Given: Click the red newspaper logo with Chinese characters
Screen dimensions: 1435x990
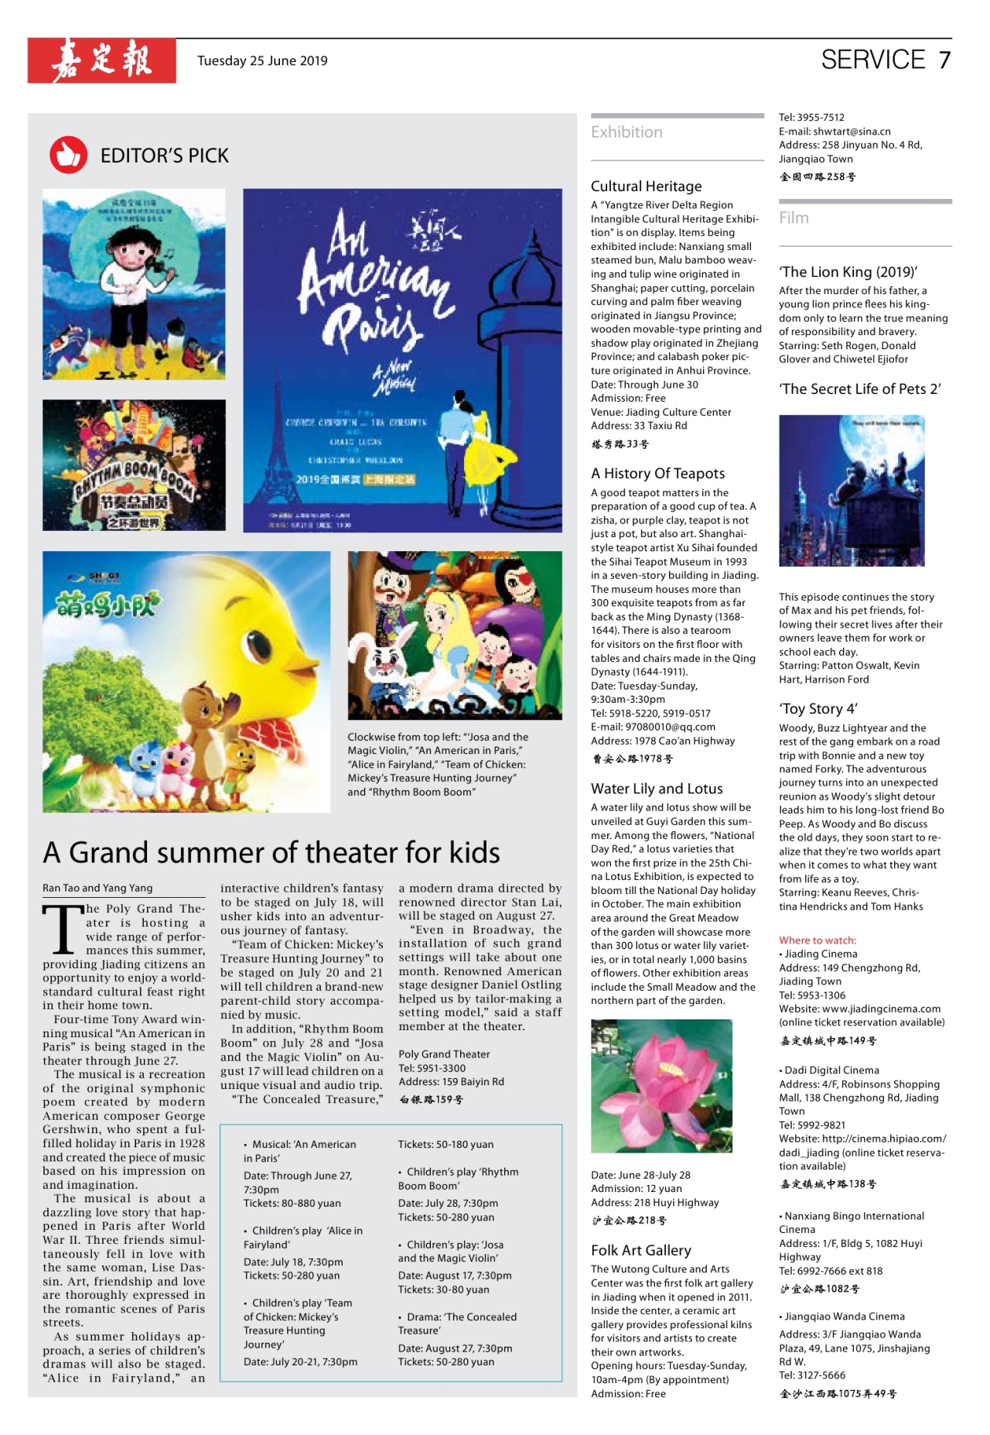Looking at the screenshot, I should tap(101, 60).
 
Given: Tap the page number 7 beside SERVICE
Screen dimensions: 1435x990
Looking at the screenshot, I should tap(944, 60).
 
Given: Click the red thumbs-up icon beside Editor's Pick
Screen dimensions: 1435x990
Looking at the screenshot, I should tap(68, 155).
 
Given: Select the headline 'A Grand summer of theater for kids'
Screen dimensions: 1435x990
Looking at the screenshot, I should tap(271, 852).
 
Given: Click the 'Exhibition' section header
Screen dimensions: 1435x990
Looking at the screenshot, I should tap(626, 132).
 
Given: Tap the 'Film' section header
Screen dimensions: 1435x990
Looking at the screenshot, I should tap(794, 218).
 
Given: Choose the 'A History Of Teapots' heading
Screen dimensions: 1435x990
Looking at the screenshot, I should tap(657, 474).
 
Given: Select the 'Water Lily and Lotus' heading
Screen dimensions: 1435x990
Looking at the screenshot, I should tap(657, 789).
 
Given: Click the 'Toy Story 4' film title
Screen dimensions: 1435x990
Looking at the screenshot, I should tap(818, 709).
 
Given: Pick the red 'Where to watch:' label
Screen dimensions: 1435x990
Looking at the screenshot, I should tap(818, 940).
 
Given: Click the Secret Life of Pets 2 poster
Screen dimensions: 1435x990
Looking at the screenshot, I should tap(852, 491).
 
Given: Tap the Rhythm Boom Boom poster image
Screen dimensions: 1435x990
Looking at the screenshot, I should tap(134, 464).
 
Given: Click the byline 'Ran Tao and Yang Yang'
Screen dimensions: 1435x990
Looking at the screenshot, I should tap(97, 888).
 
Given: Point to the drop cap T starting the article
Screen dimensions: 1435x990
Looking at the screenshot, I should tap(62, 929).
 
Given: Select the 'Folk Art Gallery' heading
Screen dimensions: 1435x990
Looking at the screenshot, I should tap(640, 1250).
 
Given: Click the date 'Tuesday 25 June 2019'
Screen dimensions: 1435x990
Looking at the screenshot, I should tap(262, 60).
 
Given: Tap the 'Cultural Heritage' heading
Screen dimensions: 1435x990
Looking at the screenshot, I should tap(646, 187).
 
